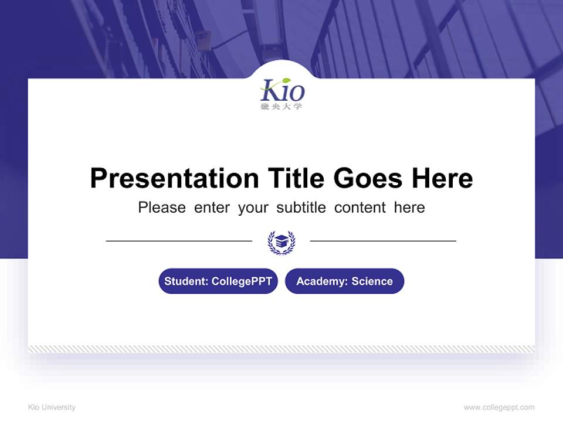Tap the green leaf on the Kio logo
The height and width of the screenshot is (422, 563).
[x=286, y=81]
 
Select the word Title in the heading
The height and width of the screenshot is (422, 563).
[x=296, y=178]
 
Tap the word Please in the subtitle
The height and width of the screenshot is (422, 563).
[x=162, y=207]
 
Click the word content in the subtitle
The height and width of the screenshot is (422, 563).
[x=360, y=207]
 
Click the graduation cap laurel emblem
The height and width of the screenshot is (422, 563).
[x=281, y=241]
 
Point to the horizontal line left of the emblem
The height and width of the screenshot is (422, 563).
[x=179, y=240]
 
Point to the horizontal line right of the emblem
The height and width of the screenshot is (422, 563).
[x=383, y=240]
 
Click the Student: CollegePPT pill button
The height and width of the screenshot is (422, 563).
[x=218, y=281]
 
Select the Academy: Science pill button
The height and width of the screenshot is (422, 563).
[x=344, y=281]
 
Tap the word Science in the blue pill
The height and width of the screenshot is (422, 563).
[x=372, y=281]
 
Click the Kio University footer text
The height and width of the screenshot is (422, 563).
[x=52, y=407]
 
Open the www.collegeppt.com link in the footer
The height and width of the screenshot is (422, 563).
[x=499, y=407]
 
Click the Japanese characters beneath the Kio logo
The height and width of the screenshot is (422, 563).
[x=281, y=107]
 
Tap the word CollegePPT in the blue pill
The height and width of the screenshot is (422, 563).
[x=242, y=281]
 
